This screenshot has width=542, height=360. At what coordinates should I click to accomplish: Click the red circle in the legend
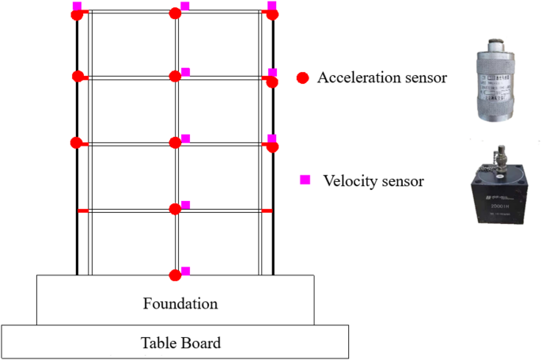tap(301, 78)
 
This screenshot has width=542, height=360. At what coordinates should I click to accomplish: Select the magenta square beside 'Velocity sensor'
tap(305, 180)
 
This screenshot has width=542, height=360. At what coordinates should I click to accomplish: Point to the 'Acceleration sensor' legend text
tap(382, 78)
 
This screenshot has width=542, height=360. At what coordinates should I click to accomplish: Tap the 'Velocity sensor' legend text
tap(373, 180)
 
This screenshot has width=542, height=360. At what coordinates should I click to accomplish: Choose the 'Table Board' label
tap(180, 343)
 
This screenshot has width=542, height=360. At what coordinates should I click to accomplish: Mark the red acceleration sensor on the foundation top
tap(176, 275)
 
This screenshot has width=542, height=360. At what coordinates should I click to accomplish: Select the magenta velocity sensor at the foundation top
tap(186, 271)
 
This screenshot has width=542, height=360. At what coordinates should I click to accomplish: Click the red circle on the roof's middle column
tap(176, 13)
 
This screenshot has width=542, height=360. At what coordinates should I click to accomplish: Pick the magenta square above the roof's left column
tap(77, 6)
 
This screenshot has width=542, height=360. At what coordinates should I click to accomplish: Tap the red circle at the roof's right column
tap(273, 14)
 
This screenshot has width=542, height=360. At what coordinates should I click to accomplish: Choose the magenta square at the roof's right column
tap(272, 6)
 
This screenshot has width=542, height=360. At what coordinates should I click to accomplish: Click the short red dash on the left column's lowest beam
tap(81, 210)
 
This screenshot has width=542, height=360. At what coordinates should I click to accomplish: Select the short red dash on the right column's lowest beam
tap(267, 210)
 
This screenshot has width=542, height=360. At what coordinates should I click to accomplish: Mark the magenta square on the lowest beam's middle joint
tap(186, 205)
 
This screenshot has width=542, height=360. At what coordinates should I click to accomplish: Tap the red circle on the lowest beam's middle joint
tap(176, 209)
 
